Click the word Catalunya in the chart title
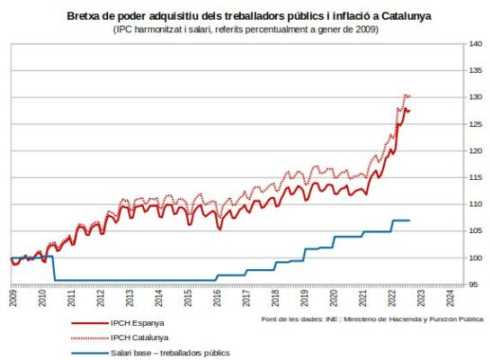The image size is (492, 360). click(407, 16)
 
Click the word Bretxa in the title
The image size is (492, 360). click(83, 16)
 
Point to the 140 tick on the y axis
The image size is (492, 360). click(476, 43)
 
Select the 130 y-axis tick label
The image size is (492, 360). click(476, 97)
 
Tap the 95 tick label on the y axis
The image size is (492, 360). click(474, 284)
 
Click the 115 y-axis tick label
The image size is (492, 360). click(476, 177)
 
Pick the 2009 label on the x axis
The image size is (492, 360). click(13, 298)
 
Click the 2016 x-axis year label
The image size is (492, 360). click(217, 298)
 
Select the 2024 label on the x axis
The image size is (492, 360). click(451, 298)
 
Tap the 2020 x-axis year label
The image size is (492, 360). click(334, 298)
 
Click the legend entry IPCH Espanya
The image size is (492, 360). click(137, 323)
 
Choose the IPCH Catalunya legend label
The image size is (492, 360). click(139, 337)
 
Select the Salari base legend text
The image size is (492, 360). click(130, 353)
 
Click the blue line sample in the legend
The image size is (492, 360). click(90, 353)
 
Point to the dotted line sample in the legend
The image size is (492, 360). click(90, 338)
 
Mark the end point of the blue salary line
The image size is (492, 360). click(410, 220)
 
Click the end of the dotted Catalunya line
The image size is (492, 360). click(410, 96)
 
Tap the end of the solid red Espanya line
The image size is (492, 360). click(410, 111)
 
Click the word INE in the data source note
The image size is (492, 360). click(331, 319)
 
